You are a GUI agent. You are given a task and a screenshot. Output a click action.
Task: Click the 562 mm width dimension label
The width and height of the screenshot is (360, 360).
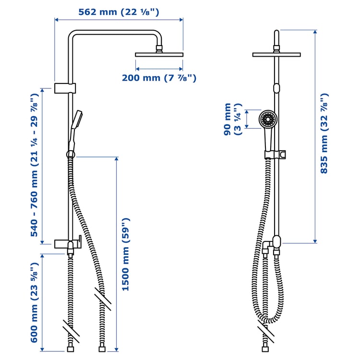[119, 12]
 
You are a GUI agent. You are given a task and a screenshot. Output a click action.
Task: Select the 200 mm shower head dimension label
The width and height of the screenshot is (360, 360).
[158, 78]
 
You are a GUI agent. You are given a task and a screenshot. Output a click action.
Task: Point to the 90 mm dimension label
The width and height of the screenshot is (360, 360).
[232, 120]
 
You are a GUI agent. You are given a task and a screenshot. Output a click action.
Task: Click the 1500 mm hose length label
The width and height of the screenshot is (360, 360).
[125, 254]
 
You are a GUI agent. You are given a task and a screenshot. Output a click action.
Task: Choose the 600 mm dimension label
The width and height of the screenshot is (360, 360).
[34, 302]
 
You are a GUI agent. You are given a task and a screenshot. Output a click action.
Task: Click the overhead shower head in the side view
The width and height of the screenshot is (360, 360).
[159, 53]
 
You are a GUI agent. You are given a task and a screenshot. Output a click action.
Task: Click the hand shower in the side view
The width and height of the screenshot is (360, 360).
[76, 126]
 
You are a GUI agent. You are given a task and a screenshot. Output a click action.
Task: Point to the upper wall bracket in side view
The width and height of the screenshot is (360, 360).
[65, 88]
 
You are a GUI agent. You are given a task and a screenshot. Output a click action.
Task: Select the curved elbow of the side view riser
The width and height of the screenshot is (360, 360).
[73, 36]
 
